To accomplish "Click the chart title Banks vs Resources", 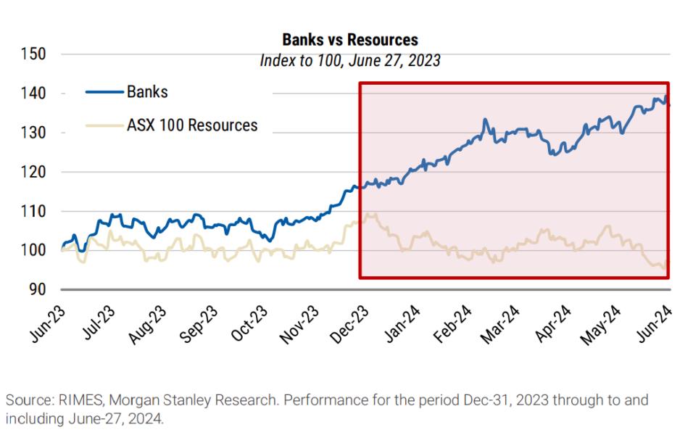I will (x=349, y=39).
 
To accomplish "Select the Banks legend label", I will (x=147, y=92).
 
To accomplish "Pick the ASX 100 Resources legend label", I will (x=192, y=125).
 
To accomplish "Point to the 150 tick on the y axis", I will (x=33, y=54).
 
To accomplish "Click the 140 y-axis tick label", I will (x=33, y=94).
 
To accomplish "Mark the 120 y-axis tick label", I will (x=33, y=173).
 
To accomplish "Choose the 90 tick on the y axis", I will (x=38, y=290).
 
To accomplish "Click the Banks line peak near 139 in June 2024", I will (x=666, y=96).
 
